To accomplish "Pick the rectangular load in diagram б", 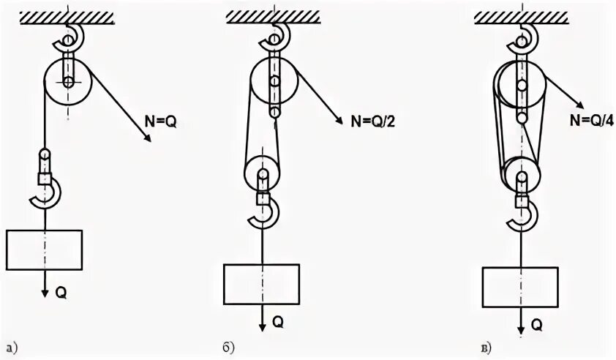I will click(261, 282).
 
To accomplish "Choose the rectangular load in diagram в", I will click(520, 287).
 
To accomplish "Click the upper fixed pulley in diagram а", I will click(67, 82).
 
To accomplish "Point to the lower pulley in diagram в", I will click(521, 176).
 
